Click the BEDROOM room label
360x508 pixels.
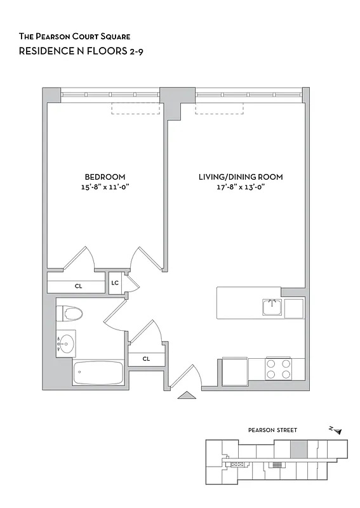(105, 177)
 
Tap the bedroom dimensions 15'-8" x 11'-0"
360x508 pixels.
(105, 187)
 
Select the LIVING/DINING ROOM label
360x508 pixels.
(240, 177)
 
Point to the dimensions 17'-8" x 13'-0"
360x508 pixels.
(240, 187)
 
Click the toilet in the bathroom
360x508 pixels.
(69, 314)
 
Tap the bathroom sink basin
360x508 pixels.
(66, 344)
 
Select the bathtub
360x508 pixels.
(98, 373)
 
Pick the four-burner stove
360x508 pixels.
(278, 370)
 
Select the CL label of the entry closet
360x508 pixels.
(146, 359)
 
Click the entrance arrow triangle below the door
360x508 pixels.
(186, 396)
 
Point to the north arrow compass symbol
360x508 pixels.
(335, 431)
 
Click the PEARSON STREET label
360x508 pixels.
(272, 431)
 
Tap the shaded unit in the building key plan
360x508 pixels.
(298, 449)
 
